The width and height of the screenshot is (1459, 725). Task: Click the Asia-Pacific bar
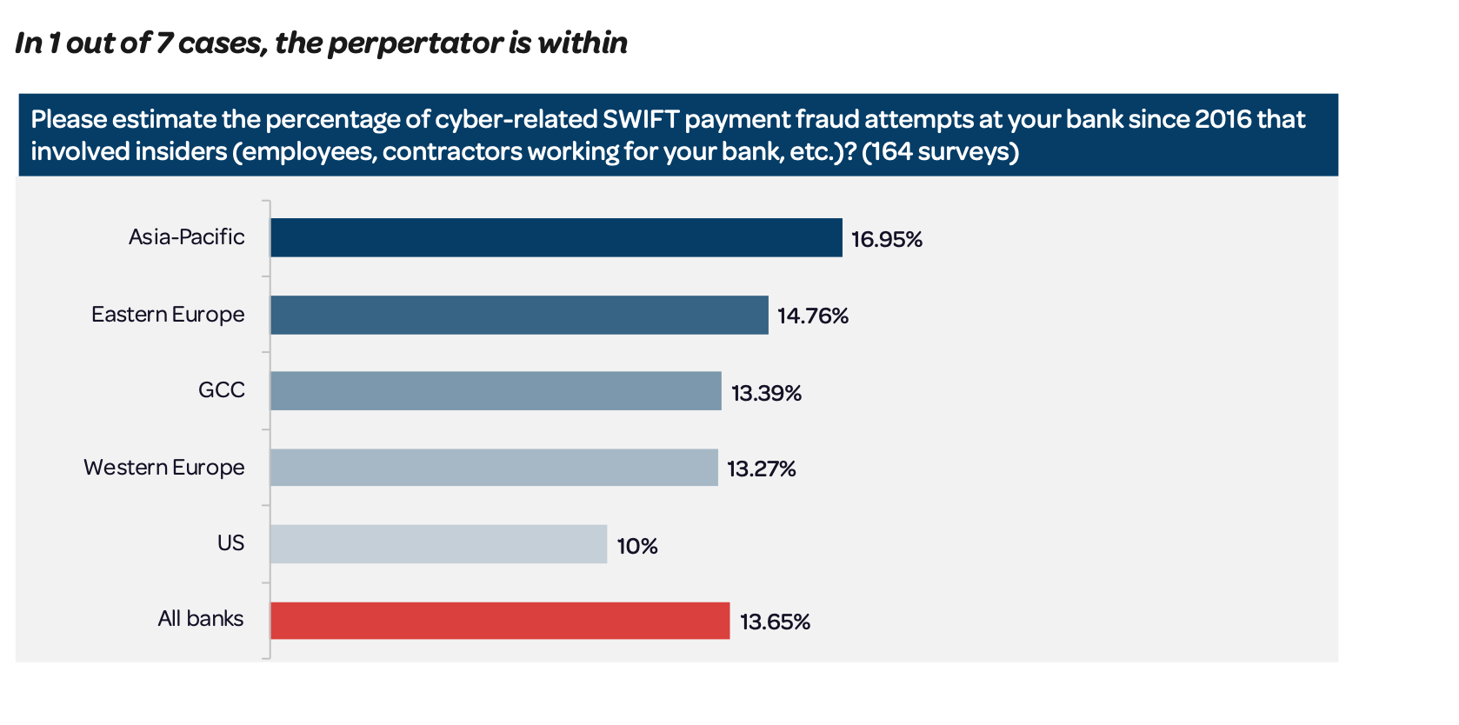click(556, 237)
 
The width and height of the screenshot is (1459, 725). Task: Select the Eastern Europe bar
click(519, 315)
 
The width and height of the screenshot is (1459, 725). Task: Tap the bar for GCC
click(496, 391)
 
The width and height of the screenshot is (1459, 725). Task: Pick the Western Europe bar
click(494, 468)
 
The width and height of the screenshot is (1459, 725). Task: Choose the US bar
click(438, 544)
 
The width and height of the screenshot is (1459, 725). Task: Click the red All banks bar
click(500, 621)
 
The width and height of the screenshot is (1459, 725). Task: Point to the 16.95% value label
click(886, 239)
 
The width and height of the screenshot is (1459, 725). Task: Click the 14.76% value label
click(812, 316)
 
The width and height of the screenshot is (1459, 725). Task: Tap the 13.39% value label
click(766, 393)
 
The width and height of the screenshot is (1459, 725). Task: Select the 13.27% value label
click(761, 469)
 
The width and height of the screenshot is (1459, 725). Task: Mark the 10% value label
click(636, 546)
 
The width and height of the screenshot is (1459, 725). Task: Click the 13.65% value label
click(775, 622)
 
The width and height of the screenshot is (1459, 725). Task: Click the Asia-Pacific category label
click(186, 237)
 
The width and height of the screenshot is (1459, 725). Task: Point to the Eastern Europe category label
click(168, 314)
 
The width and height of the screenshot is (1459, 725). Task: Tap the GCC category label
click(221, 389)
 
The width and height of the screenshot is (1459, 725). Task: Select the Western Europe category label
click(163, 467)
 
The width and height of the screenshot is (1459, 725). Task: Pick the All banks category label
click(200, 618)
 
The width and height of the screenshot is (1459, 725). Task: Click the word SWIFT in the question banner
click(641, 119)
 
